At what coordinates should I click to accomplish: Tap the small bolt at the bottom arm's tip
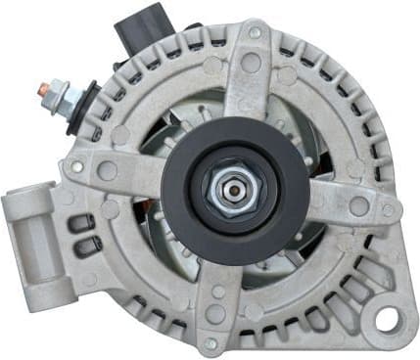click(x=210, y=343)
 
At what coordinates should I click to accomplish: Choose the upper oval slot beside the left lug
click(x=82, y=221)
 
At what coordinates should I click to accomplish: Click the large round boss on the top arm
click(x=252, y=64)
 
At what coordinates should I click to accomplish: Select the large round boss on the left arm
click(x=107, y=171)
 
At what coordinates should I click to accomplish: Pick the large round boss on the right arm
click(x=358, y=205)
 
